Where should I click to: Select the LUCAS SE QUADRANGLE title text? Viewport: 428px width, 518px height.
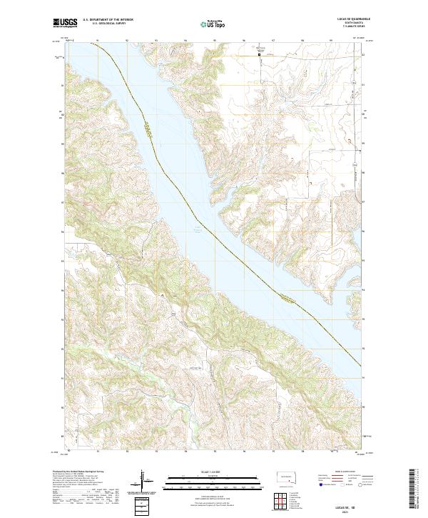pyautogui.click(x=350, y=19)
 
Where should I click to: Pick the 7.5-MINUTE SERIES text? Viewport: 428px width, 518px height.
pyautogui.click(x=350, y=27)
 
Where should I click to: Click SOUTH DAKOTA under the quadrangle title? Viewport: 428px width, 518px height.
pyautogui.click(x=350, y=24)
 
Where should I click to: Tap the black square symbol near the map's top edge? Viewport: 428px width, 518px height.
pyautogui.click(x=259, y=54)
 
